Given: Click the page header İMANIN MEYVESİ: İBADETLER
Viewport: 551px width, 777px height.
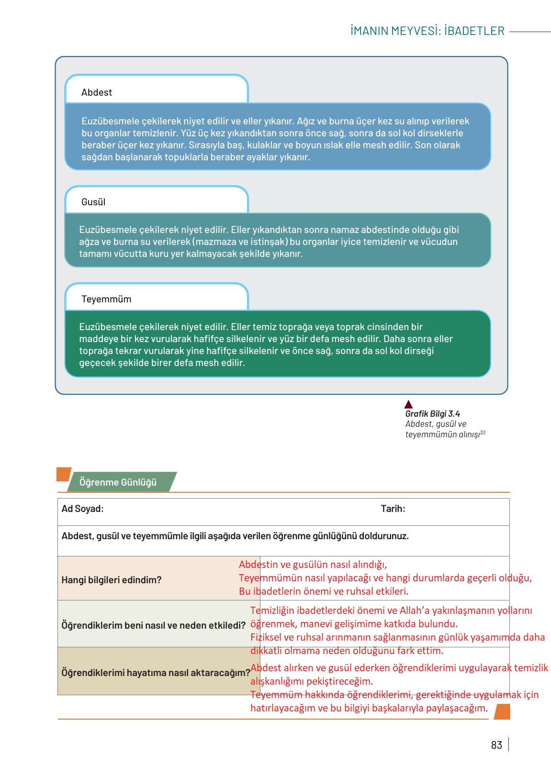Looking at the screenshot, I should click(427, 31).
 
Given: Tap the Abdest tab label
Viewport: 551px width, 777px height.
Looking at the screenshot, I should click(96, 92).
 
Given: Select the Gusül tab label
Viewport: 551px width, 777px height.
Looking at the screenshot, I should click(93, 202).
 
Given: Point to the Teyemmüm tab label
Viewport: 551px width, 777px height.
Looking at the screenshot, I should click(106, 299).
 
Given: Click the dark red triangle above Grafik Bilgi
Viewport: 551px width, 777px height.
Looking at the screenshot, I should click(408, 404).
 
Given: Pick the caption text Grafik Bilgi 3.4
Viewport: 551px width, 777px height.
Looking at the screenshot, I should click(432, 414).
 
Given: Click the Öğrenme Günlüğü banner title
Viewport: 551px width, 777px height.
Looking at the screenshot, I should click(118, 482).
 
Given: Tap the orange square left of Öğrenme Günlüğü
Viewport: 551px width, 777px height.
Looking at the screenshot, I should click(63, 474).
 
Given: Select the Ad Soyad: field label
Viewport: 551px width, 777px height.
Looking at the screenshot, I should click(82, 509).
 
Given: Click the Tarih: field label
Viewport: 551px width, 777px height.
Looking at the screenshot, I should click(393, 509).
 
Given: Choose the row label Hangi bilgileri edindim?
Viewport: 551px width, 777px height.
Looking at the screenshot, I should click(111, 580).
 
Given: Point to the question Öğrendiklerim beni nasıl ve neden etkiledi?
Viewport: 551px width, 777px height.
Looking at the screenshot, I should click(153, 625).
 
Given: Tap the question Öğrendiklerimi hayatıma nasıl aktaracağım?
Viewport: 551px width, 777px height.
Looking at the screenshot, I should click(156, 673).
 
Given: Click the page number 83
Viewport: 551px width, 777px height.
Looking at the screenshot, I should click(496, 745).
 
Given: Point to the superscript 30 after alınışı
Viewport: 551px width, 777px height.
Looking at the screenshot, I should click(483, 433).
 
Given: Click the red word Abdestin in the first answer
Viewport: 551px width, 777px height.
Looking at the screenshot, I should click(258, 565).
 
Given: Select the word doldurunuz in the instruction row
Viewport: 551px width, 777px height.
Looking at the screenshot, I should click(385, 536).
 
